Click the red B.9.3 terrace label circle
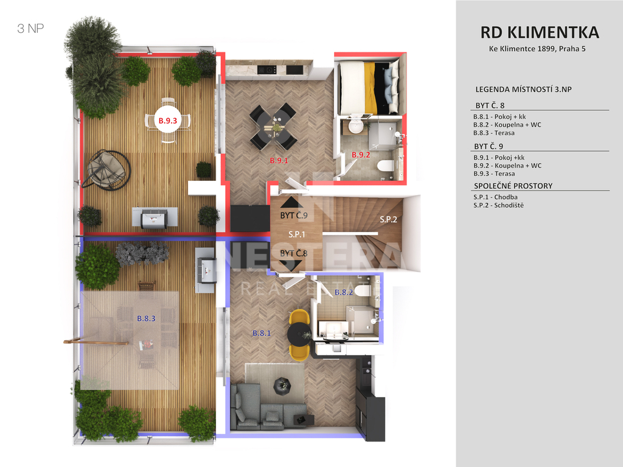168,120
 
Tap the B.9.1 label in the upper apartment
279,161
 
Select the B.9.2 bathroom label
361,155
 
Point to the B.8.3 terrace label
146,318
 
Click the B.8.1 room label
262,333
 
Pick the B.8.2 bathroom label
344,292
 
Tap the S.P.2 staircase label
388,219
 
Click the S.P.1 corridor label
297,234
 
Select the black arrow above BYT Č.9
291,203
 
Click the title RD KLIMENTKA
540,33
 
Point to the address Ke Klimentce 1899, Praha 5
537,49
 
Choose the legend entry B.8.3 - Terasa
494,133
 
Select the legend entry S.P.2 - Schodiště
499,205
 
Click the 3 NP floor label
30,29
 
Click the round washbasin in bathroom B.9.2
356,127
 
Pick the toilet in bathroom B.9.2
385,165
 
